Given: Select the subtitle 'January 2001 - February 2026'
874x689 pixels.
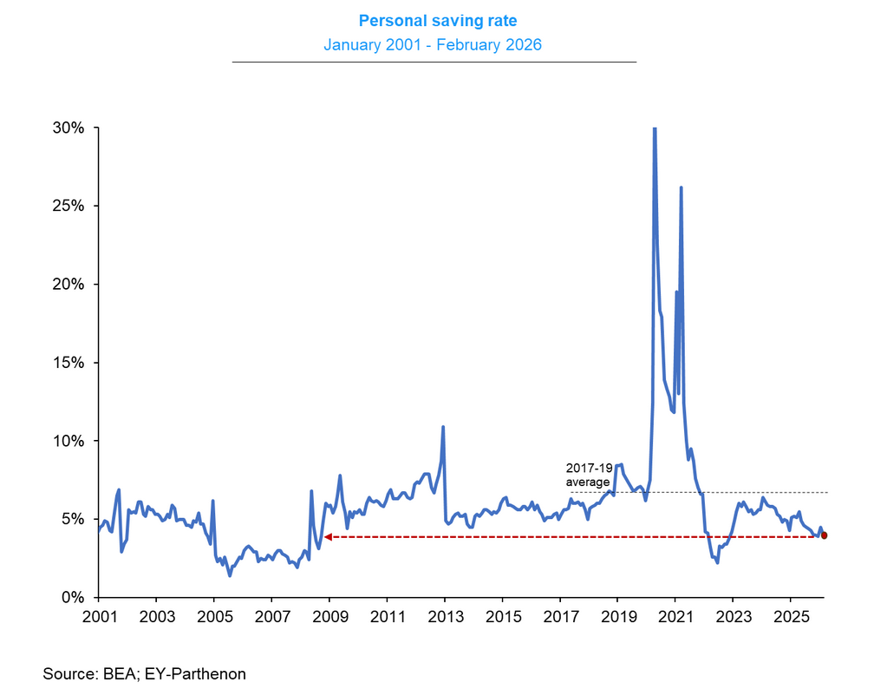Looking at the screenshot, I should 433,44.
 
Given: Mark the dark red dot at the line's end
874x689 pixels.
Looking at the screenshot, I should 824,535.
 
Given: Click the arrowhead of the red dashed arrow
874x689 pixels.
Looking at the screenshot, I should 328,537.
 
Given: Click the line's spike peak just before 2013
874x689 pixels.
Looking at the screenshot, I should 443,427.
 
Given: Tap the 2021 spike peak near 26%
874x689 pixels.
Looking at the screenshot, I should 681,187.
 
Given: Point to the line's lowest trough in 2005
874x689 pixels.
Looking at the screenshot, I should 230,575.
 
